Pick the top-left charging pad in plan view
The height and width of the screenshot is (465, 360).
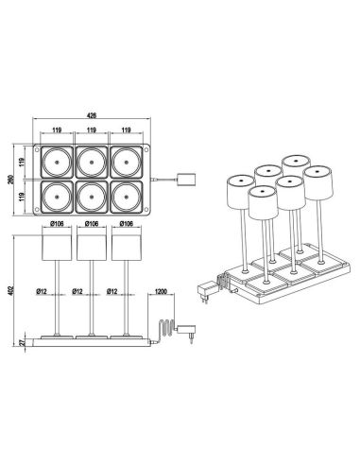click(x=55, y=161)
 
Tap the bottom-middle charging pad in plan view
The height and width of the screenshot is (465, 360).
click(x=92, y=197)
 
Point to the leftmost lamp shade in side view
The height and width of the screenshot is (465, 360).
click(x=57, y=248)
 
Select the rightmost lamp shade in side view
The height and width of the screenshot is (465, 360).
click(x=128, y=248)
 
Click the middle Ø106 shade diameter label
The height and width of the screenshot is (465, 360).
click(x=93, y=224)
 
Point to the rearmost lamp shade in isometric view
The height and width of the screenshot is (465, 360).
click(x=293, y=164)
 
